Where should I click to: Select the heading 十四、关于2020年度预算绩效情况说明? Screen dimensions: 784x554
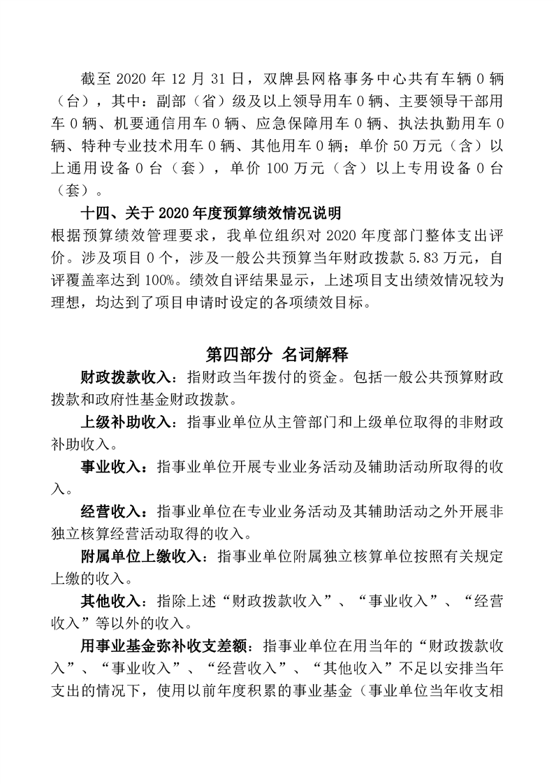pyautogui.click(x=211, y=213)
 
